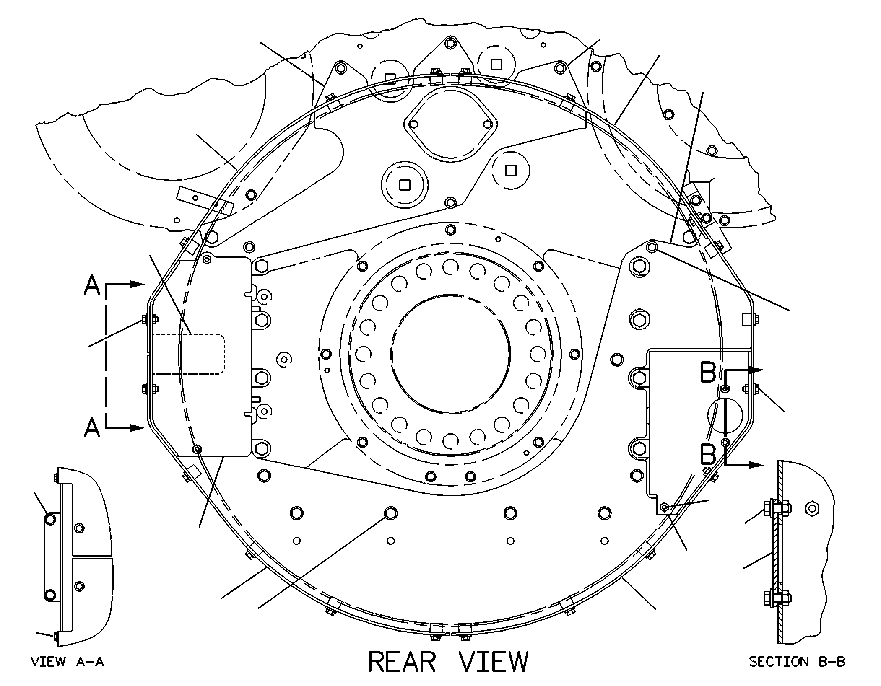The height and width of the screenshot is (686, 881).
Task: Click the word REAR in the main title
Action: pyautogui.click(x=402, y=662)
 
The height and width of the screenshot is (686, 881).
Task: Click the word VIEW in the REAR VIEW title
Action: pyautogui.click(x=493, y=662)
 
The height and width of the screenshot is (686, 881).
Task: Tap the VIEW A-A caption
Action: pyautogui.click(x=67, y=662)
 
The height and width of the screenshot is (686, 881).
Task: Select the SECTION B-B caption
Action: pyautogui.click(x=797, y=662)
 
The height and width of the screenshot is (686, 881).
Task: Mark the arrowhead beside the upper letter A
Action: pyautogui.click(x=137, y=285)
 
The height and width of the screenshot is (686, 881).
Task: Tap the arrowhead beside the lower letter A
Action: pyautogui.click(x=137, y=428)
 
